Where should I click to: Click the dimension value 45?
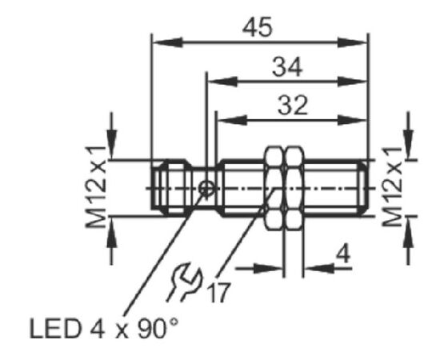point(258,27)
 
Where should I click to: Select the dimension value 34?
point(287,67)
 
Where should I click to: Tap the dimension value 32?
point(292,106)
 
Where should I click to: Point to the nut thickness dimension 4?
point(343,254)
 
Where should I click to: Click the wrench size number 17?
point(219,292)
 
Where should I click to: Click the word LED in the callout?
point(54,328)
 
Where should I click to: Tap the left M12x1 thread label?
point(96,188)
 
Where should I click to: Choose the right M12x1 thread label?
point(393,187)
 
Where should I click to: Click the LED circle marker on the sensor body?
point(207,188)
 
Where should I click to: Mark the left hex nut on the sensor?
point(274,188)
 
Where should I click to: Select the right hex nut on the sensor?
point(294,188)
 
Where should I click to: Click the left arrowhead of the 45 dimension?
point(167,42)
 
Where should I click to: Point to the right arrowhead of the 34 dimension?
point(352,82)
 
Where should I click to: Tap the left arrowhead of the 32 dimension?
point(233,120)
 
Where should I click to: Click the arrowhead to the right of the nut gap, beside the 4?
point(318,268)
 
